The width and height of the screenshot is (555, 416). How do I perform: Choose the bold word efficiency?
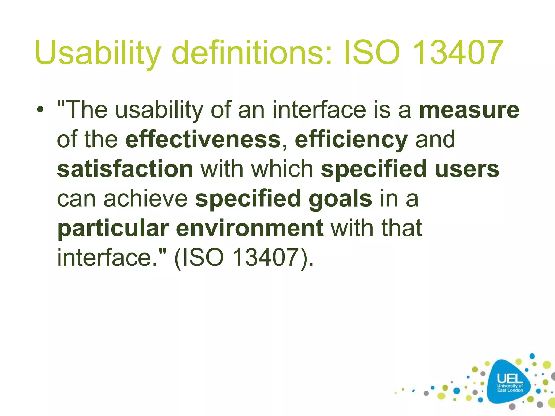tap(351, 140)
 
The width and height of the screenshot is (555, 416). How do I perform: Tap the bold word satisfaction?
tap(125, 169)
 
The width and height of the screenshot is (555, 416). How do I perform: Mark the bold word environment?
tap(250, 228)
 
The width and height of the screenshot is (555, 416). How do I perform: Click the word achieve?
tap(146, 199)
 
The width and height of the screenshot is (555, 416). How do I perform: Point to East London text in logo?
tap(510, 390)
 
